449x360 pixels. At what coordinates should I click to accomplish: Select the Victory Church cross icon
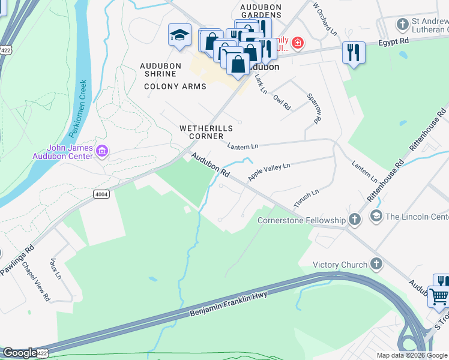click(376, 264)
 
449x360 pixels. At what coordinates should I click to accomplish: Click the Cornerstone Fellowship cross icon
click(355, 220)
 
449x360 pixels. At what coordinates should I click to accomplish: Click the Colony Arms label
click(175, 86)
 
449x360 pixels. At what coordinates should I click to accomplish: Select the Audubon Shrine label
click(158, 70)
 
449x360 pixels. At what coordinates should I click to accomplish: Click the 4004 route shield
click(101, 194)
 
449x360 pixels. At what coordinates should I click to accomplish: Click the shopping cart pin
click(439, 295)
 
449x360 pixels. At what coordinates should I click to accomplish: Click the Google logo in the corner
click(20, 353)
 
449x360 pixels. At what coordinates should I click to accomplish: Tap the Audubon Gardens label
click(261, 11)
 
